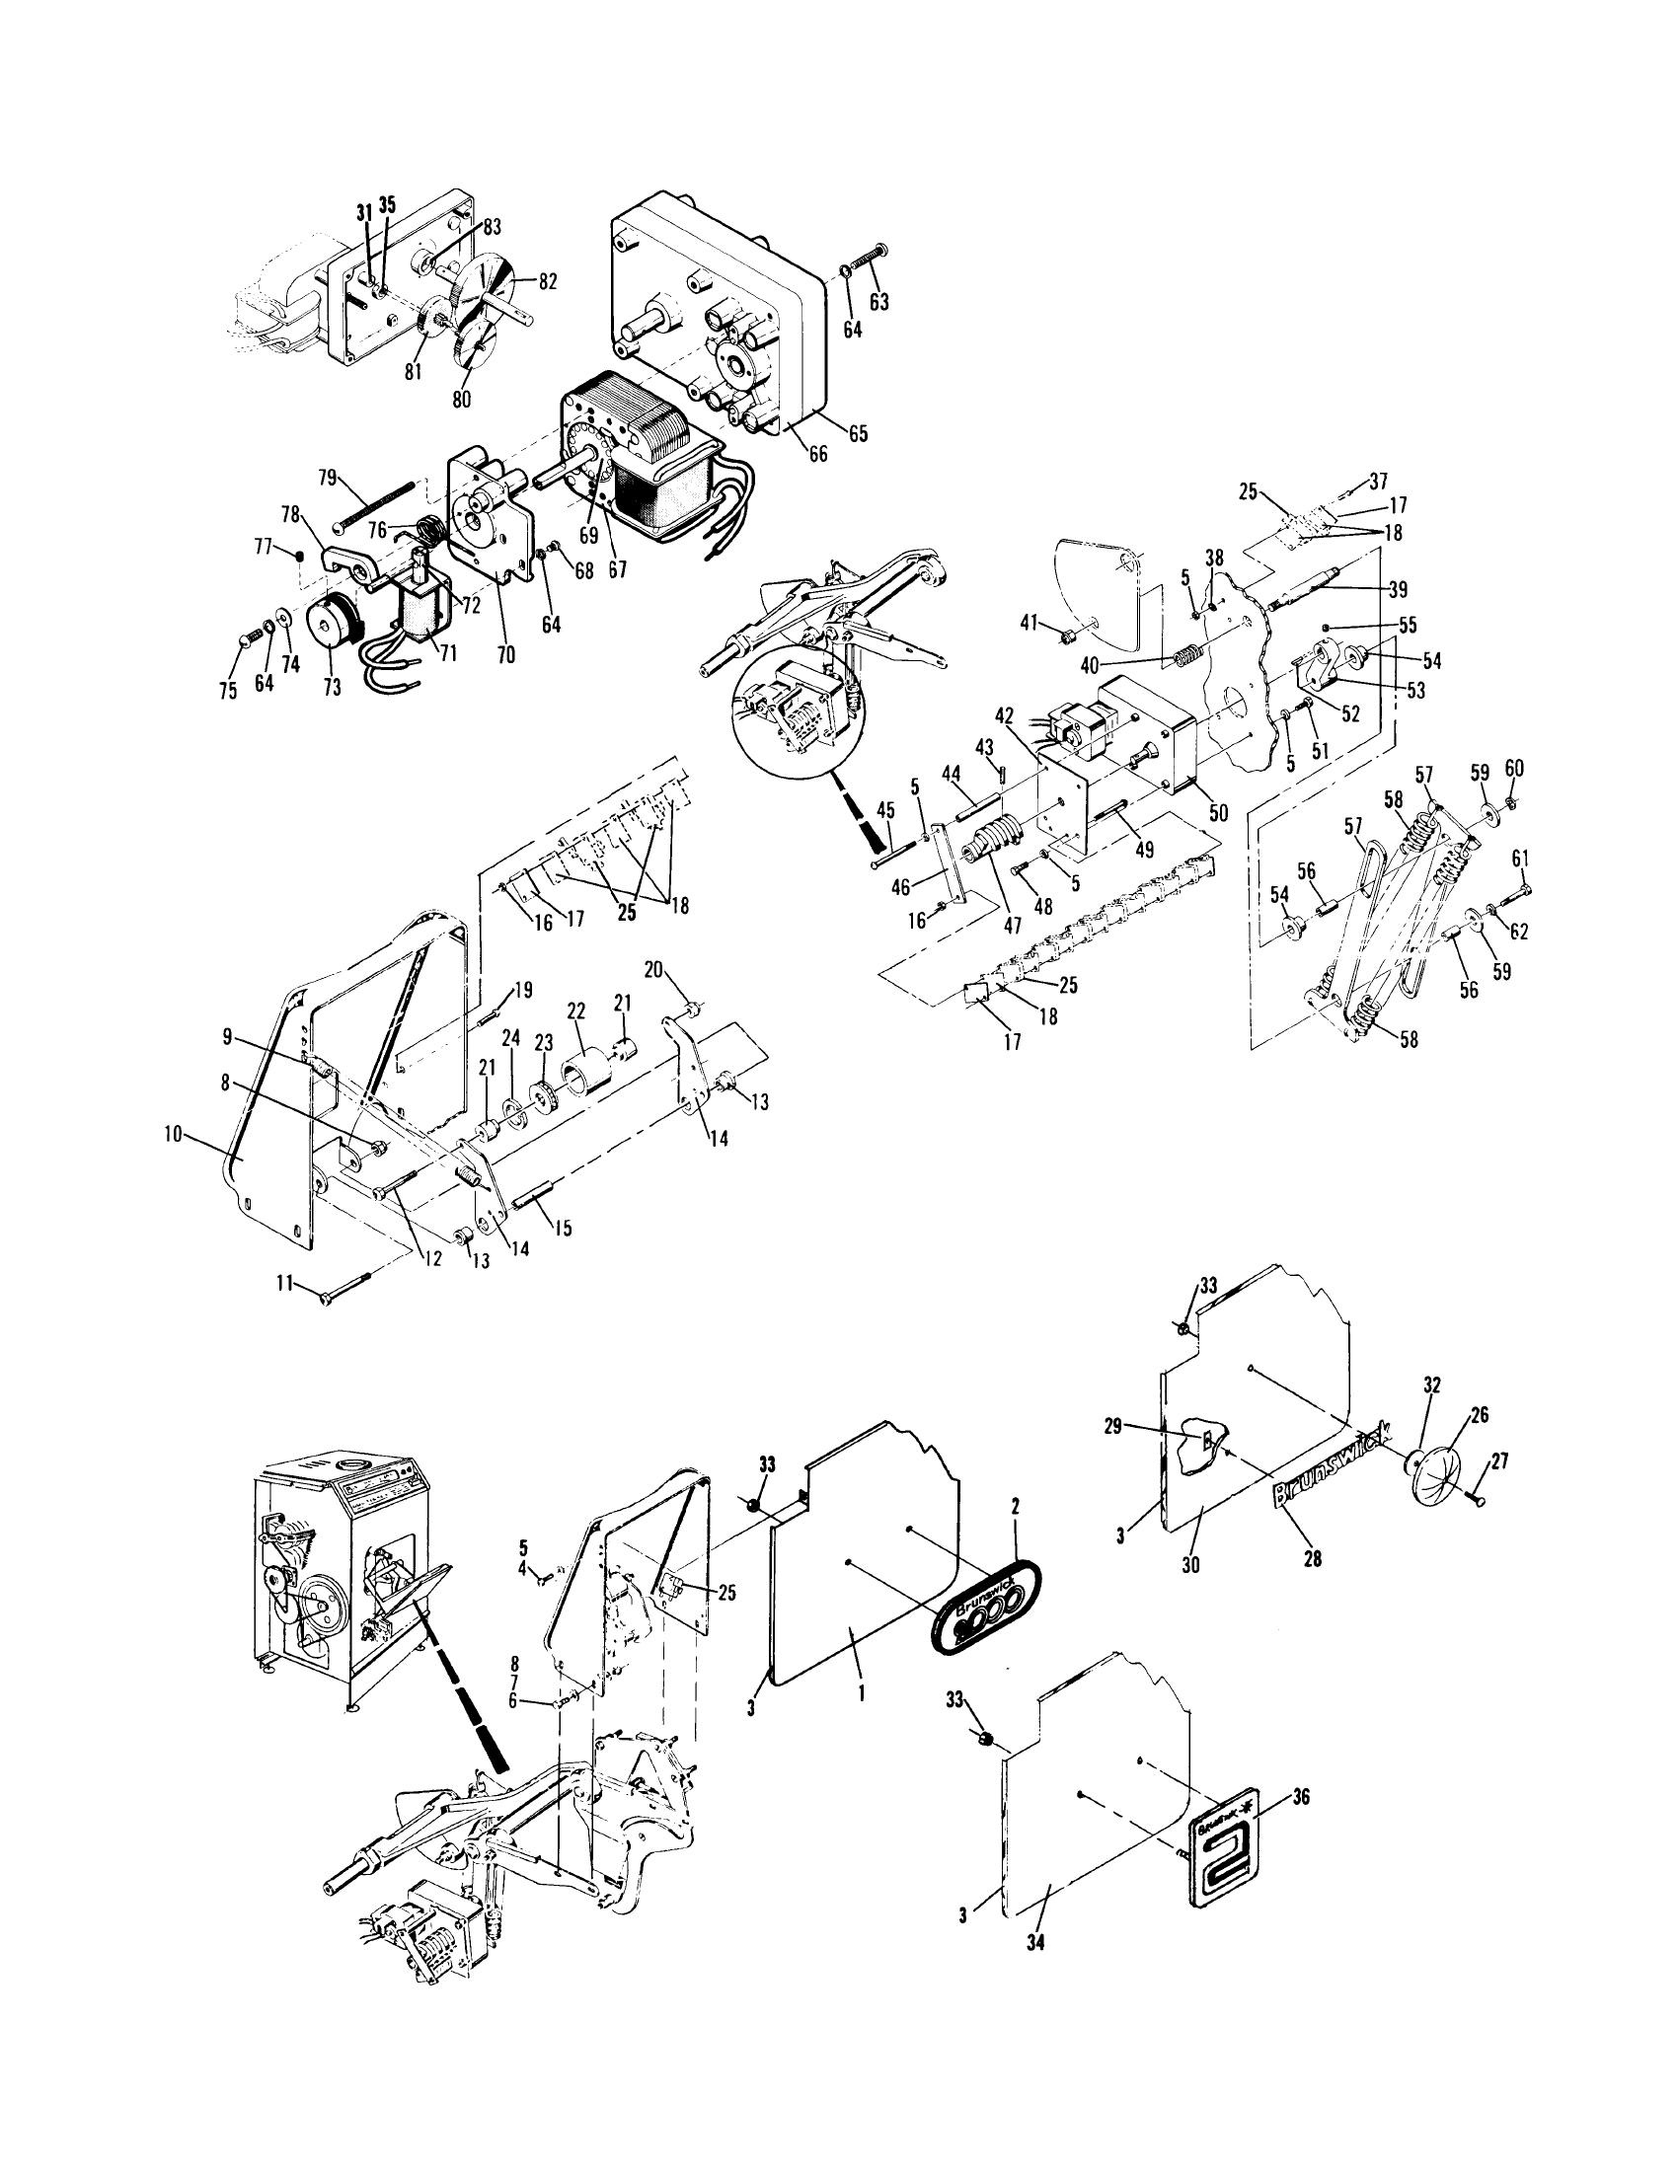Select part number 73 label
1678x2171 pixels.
(x=331, y=687)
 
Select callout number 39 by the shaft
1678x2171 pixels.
(x=1398, y=588)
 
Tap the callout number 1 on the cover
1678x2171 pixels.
(x=861, y=1690)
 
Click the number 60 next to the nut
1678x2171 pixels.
(x=1514, y=770)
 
